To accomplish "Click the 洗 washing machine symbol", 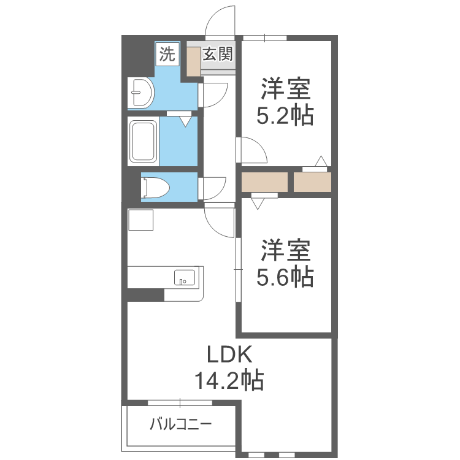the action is tap(167, 54).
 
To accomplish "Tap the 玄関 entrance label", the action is tap(218, 54).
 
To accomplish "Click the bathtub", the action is tap(143, 142).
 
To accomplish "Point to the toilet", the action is tap(155, 186).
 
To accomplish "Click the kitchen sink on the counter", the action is tap(185, 277).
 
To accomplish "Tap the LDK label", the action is tap(229, 355).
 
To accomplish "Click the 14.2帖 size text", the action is tap(229, 380).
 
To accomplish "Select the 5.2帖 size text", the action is tap(285, 115).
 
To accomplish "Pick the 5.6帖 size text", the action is tap(285, 277).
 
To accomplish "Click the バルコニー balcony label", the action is tap(181, 424).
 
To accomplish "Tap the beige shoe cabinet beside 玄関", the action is tap(194, 62).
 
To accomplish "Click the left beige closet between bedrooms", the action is tap(264, 182).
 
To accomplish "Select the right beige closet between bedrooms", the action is tap(312, 182).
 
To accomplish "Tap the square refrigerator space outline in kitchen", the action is tap(141, 220).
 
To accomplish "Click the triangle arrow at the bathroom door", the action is tap(185, 122).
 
